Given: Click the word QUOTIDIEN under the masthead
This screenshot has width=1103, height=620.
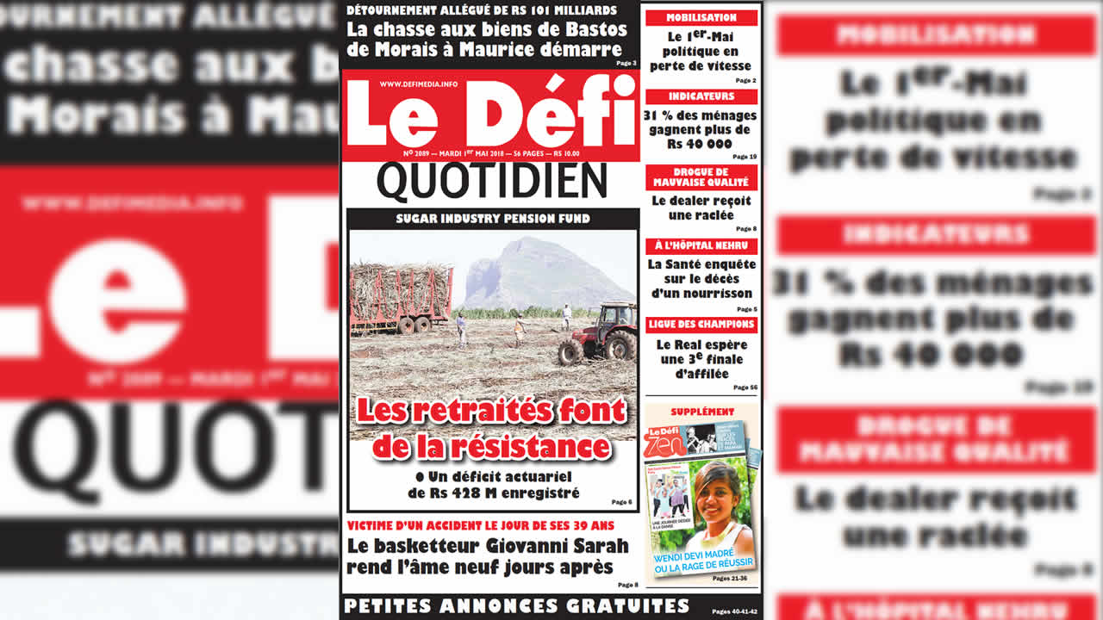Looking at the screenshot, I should click(492, 182).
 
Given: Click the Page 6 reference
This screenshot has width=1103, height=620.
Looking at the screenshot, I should click(621, 502).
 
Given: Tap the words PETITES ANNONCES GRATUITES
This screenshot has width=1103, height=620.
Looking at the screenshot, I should click(516, 605).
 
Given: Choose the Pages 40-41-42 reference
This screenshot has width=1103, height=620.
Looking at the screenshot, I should click(733, 611).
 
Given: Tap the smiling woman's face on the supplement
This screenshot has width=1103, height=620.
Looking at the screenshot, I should click(714, 492).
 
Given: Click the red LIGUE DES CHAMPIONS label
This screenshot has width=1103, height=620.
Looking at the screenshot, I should click(701, 325).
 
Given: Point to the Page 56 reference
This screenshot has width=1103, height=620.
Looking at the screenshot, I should click(745, 387).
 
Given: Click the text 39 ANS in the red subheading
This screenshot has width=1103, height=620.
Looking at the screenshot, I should click(594, 525).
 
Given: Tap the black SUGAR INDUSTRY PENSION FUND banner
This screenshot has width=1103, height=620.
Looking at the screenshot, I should click(492, 219).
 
